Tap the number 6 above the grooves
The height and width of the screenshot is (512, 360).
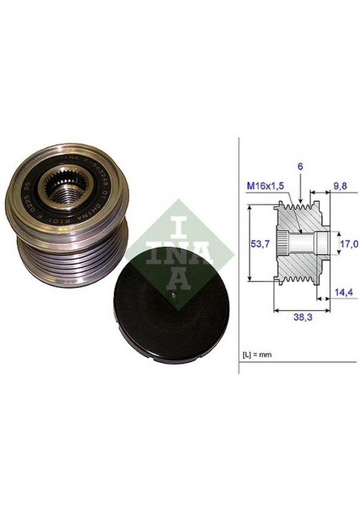click(300, 168)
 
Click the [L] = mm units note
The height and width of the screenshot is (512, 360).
click(257, 354)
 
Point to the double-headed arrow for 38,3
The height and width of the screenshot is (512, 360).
click(301, 310)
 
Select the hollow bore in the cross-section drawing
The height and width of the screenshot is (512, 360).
click(305, 243)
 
